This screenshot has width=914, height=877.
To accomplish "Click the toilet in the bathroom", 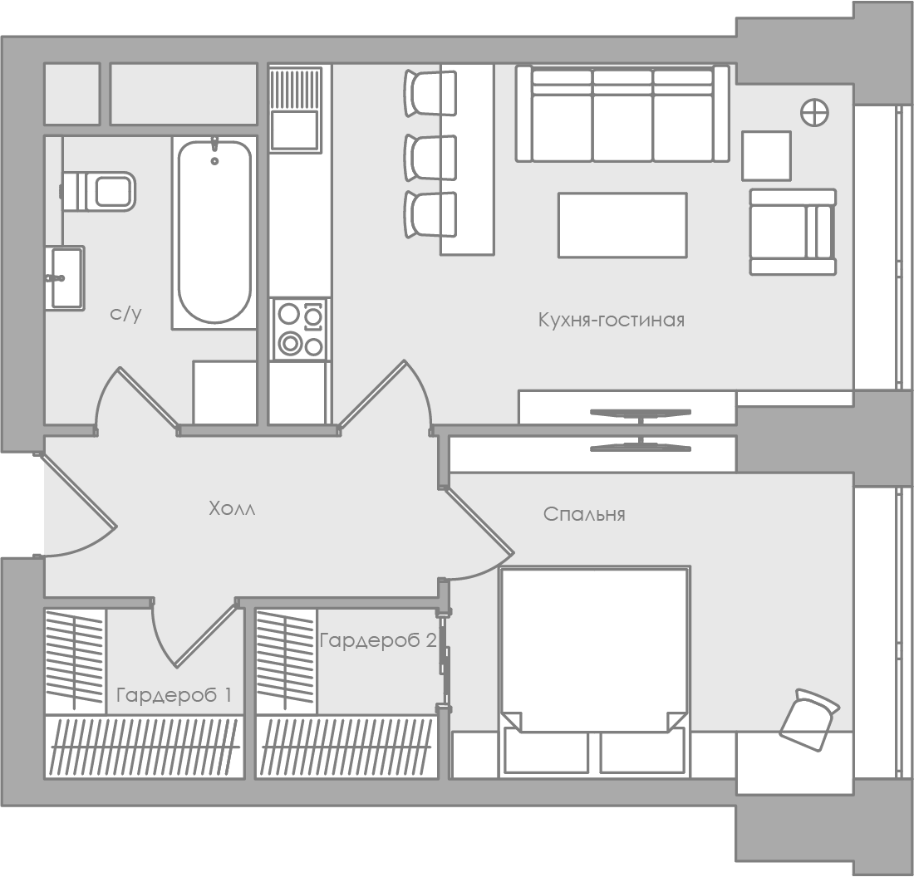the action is pyautogui.click(x=98, y=191).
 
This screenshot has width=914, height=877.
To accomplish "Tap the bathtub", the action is pyautogui.click(x=214, y=232).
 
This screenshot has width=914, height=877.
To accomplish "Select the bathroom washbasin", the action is pyautogui.click(x=66, y=278).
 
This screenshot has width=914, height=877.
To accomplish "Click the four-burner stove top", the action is pyautogui.click(x=300, y=329).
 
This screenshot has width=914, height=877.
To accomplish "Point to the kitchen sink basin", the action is pyautogui.click(x=295, y=130).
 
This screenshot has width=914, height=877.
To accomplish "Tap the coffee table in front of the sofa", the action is pyautogui.click(x=622, y=225).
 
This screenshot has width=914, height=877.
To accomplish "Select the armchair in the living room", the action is pyautogui.click(x=793, y=232).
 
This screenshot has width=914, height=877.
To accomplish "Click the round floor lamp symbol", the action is pyautogui.click(x=814, y=112).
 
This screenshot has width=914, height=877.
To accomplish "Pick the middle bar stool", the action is pyautogui.click(x=430, y=158).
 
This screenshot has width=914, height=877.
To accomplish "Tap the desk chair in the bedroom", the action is pyautogui.click(x=809, y=719).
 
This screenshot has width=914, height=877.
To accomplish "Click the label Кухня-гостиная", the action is pyautogui.click(x=611, y=320).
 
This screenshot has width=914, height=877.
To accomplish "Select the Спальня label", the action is pyautogui.click(x=584, y=514).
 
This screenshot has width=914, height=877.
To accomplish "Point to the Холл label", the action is pyautogui.click(x=232, y=508).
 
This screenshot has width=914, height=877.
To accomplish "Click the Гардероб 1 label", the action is pyautogui.click(x=174, y=694).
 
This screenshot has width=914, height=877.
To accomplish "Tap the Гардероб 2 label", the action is pyautogui.click(x=378, y=640).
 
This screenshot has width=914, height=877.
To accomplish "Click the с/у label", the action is pyautogui.click(x=125, y=314).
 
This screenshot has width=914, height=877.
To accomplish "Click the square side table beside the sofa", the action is pyautogui.click(x=767, y=155).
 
